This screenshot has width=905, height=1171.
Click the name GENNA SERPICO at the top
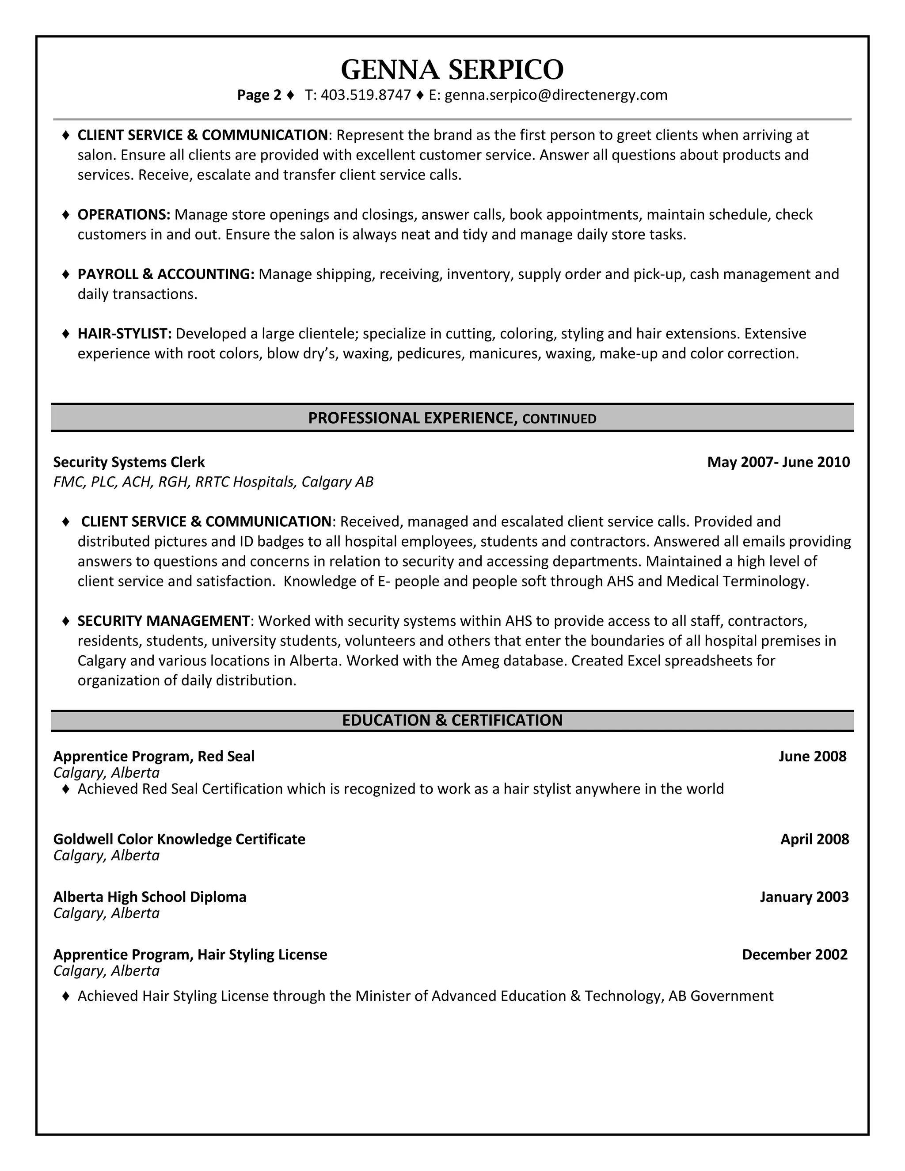452,70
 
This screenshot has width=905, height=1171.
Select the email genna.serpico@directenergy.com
556,95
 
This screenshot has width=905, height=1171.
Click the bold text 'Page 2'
259,95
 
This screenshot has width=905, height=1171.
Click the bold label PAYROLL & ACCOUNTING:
166,274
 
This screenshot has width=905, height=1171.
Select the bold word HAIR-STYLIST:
124,334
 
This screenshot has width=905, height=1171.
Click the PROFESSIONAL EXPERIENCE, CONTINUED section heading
452,418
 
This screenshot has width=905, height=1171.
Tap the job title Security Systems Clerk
129,462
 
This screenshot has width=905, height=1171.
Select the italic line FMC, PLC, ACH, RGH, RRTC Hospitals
213,482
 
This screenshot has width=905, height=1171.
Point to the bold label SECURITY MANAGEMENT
164,621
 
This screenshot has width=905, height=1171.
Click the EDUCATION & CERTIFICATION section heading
452,720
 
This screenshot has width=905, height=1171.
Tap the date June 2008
812,757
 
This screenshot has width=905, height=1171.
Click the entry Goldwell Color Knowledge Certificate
179,839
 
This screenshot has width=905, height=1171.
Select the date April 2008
814,839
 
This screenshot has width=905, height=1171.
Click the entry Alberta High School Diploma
150,897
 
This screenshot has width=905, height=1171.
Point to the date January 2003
804,897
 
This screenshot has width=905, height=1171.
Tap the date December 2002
795,955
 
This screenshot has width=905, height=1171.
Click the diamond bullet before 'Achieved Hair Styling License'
65,996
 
